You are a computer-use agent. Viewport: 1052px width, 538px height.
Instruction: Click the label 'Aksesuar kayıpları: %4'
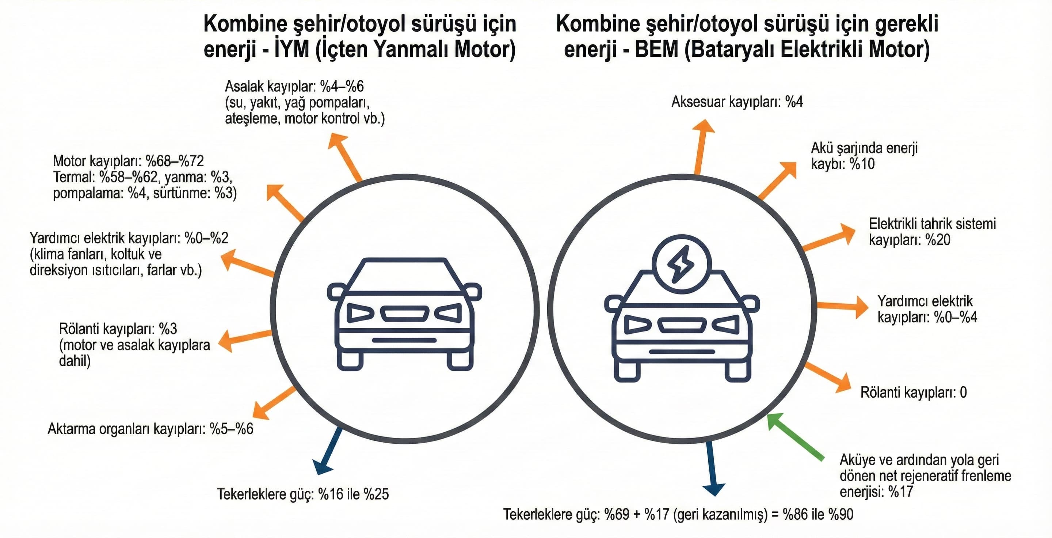click(x=737, y=102)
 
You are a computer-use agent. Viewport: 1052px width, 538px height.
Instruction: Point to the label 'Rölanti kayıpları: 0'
click(x=914, y=392)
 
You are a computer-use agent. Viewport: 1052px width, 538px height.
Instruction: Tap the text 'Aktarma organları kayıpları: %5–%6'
click(x=150, y=429)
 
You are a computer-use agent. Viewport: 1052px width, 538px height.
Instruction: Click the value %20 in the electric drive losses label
click(x=938, y=239)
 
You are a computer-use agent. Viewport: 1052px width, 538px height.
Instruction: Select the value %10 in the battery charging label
click(x=862, y=164)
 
